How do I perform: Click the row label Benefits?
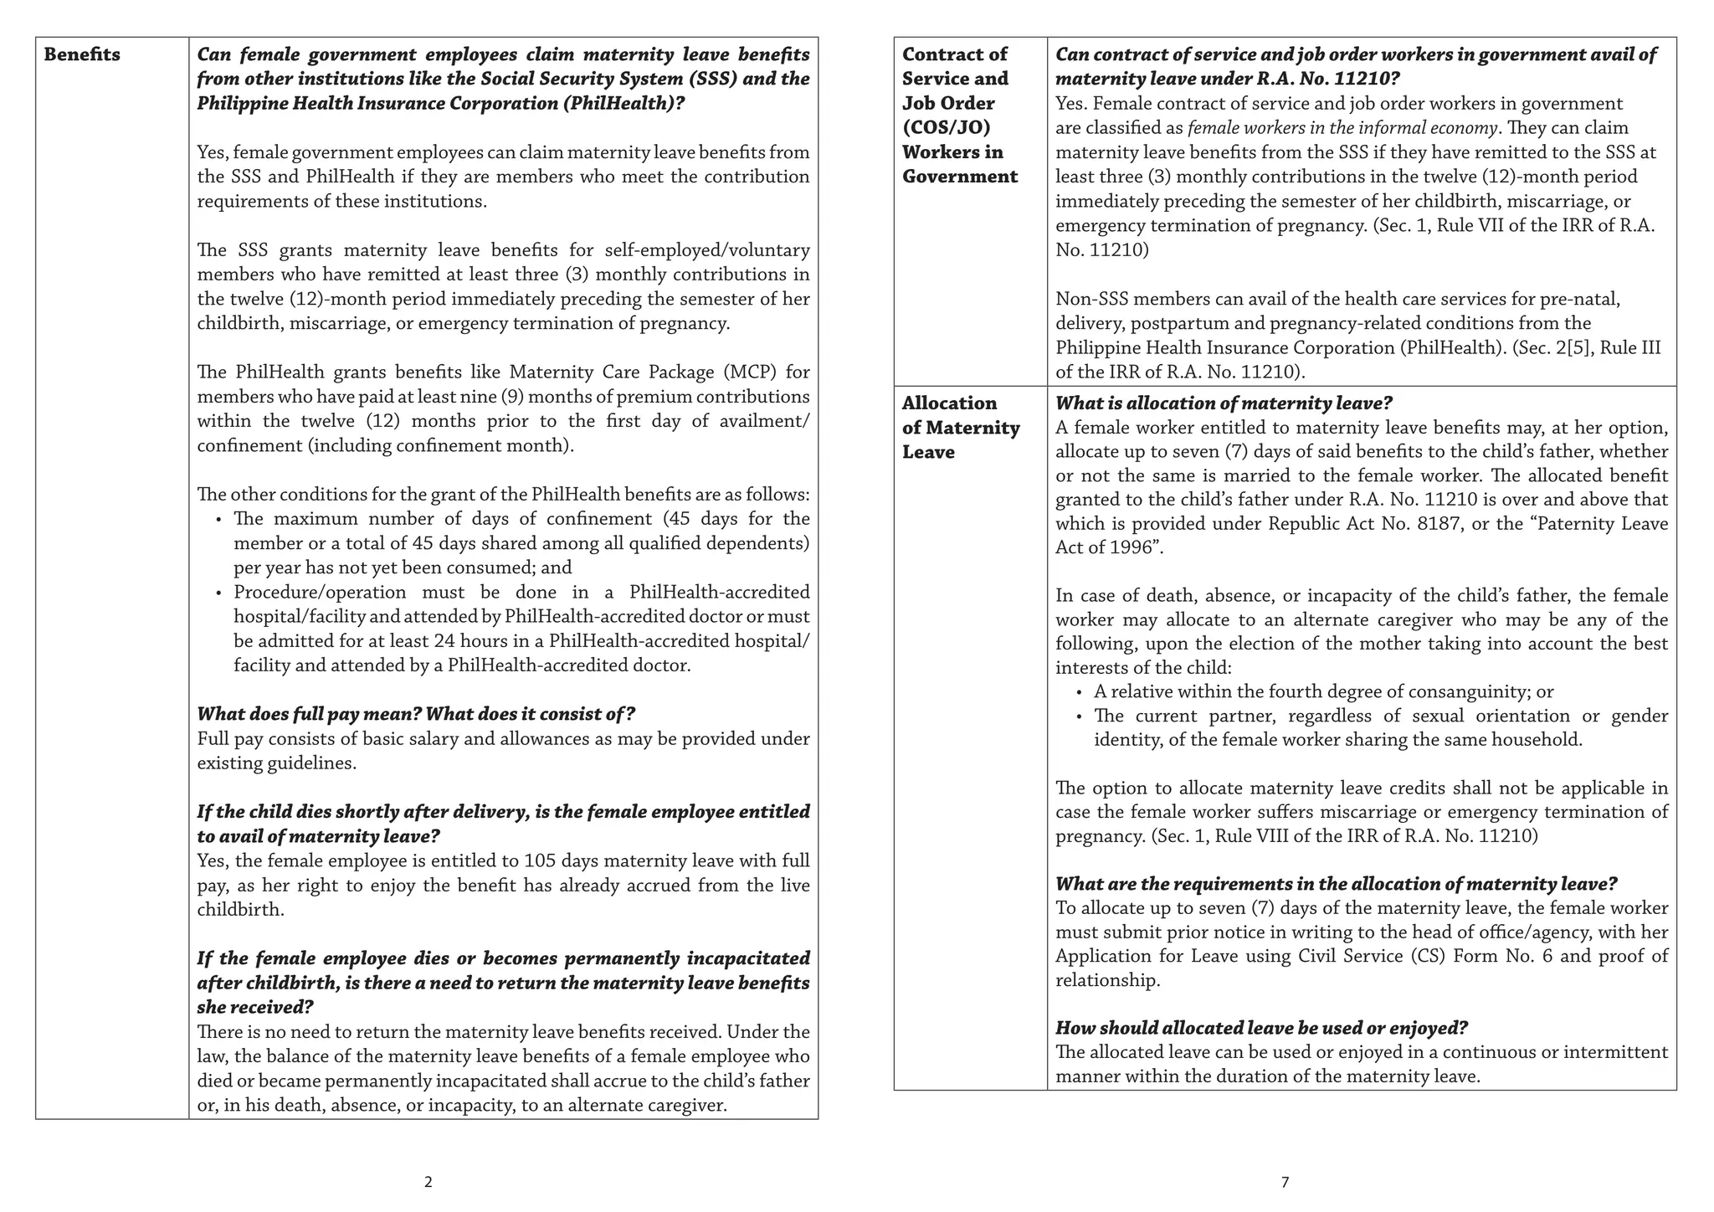[82, 55]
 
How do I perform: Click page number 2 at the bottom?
[428, 1182]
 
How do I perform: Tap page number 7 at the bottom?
[1285, 1182]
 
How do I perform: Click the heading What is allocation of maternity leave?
[1224, 403]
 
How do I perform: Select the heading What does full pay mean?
[309, 714]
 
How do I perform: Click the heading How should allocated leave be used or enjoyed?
[1262, 1028]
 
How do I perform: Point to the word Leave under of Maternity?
[928, 453]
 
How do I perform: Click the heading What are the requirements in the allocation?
[1336, 884]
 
